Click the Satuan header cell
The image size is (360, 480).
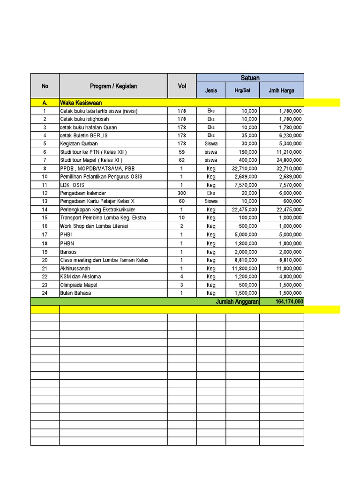coord(250,78)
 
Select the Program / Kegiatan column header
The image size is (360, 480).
coord(113,86)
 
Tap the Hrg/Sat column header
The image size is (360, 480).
coord(242,90)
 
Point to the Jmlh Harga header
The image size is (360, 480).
coord(281,90)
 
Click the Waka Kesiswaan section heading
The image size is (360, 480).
coord(81,103)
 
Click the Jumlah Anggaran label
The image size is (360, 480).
coord(237,302)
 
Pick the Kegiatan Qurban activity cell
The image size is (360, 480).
coord(79,143)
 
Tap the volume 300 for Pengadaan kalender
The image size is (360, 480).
coord(182,193)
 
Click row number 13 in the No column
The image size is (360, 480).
coord(45,201)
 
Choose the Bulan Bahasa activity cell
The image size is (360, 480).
coord(75,293)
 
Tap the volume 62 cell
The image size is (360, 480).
coord(182,160)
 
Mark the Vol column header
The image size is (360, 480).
coord(182,86)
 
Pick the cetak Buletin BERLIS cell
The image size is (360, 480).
coord(84,135)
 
